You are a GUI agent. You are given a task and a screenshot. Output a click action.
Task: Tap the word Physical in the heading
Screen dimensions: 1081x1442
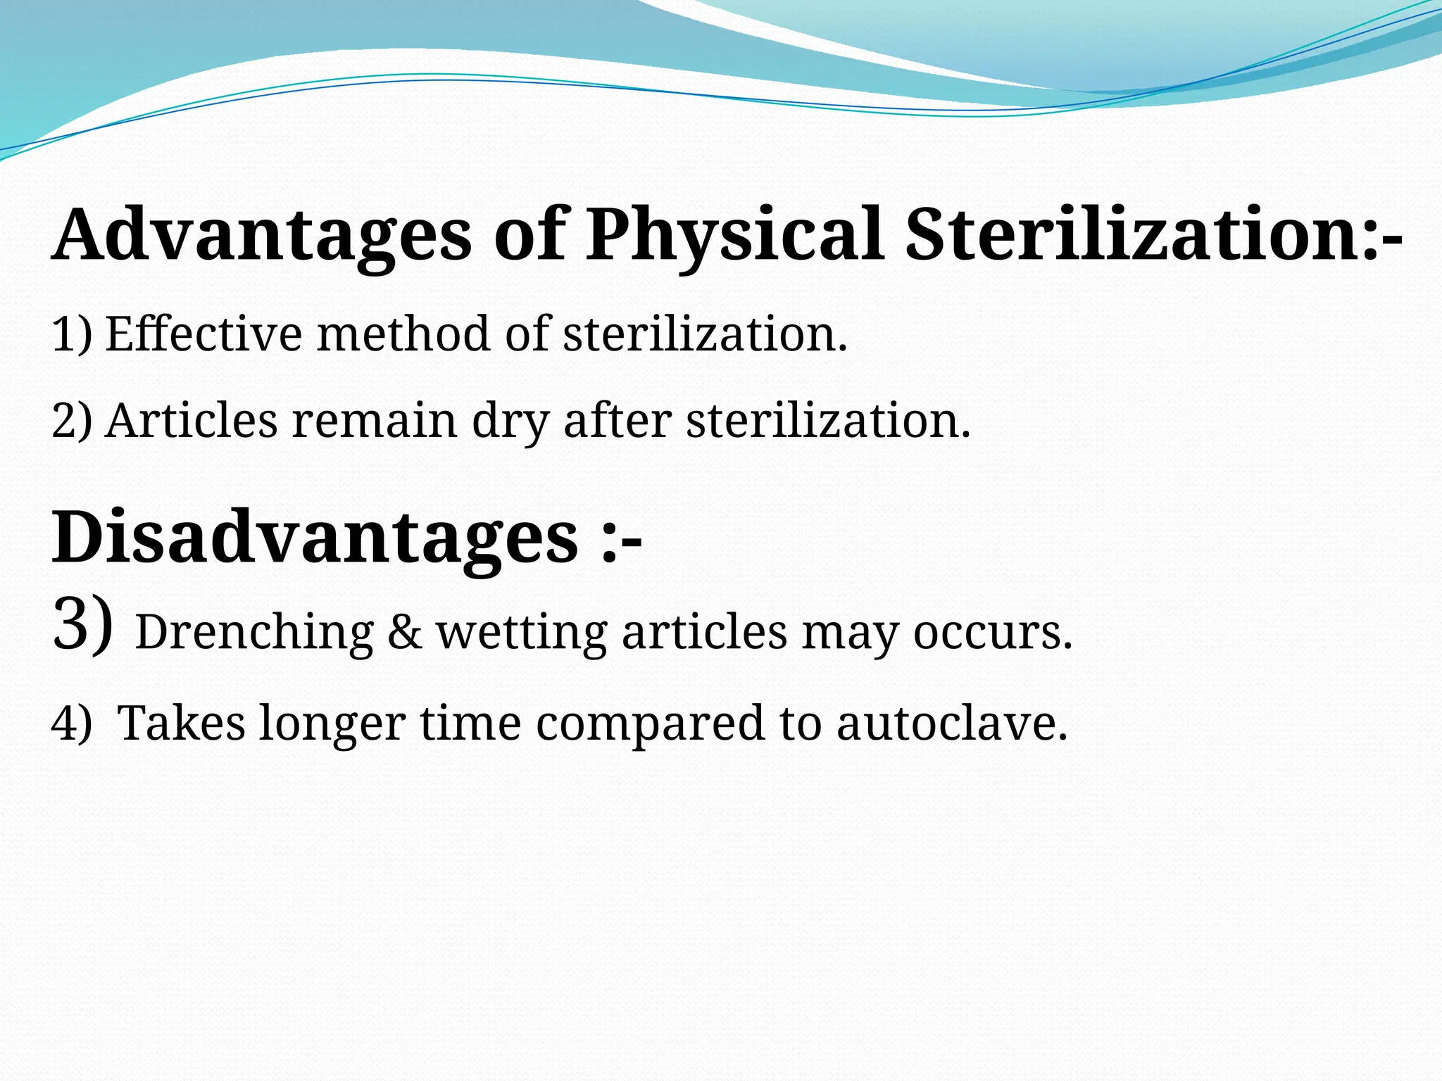[735, 236]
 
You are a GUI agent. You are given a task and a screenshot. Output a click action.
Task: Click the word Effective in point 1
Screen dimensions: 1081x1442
[203, 334]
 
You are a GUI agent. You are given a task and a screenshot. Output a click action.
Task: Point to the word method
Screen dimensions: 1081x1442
[403, 334]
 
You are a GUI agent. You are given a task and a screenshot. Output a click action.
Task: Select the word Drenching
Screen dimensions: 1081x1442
[254, 633]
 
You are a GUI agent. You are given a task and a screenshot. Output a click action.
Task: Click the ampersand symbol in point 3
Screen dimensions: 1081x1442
[405, 633]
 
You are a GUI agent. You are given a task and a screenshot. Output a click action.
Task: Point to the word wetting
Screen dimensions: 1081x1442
[522, 633]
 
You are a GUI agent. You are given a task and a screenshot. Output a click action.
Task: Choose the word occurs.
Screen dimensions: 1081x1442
[992, 633]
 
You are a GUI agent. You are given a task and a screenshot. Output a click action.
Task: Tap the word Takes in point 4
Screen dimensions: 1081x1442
[181, 723]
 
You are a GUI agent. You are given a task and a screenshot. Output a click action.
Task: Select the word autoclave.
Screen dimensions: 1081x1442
[951, 723]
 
